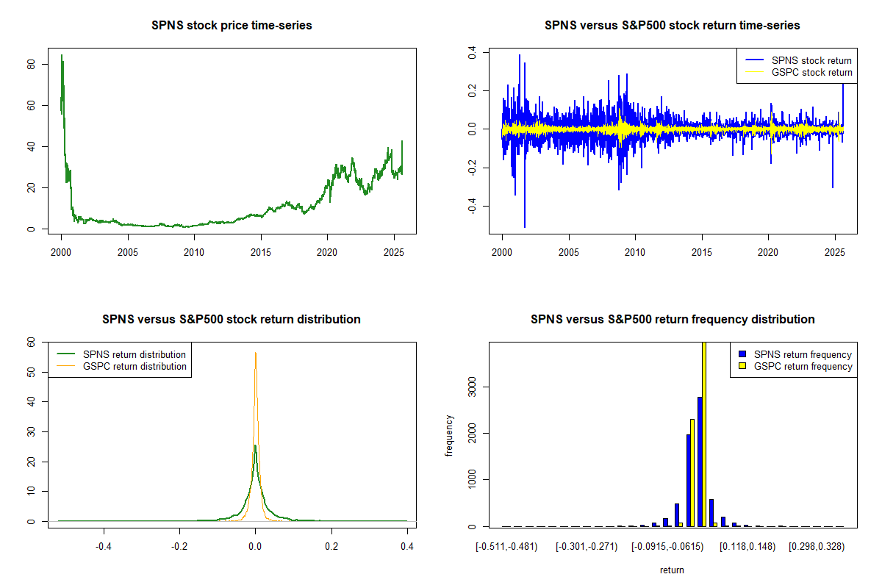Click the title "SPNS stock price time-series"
pos(232,26)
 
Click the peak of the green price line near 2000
pos(62,55)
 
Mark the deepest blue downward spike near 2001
pos(525,226)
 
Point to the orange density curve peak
pos(256,353)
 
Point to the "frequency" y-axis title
pos(449,435)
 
